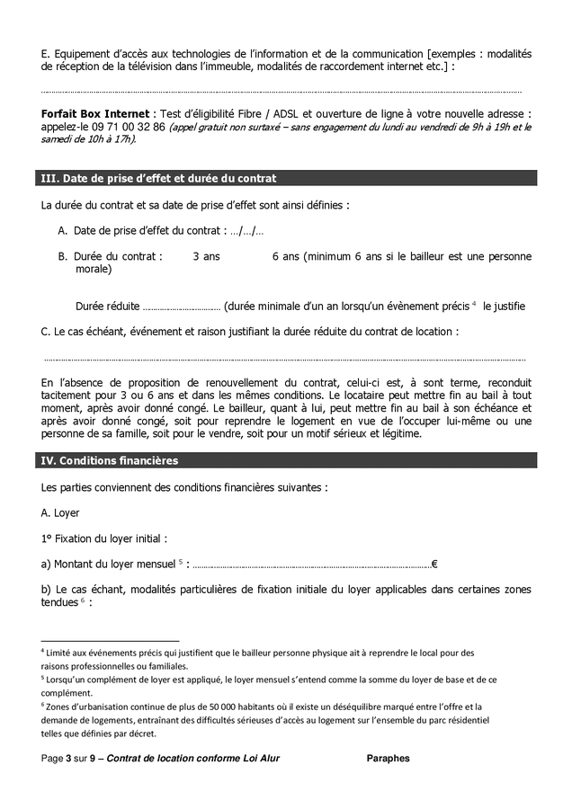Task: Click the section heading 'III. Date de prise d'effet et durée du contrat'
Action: coord(159,178)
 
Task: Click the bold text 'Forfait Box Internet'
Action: coord(95,114)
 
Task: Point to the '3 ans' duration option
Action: coord(206,256)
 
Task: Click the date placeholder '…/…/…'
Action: coord(246,231)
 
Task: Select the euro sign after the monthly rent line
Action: coord(434,565)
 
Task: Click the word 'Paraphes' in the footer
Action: coord(388,759)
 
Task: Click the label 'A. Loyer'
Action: coord(60,513)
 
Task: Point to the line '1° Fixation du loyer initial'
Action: coord(103,538)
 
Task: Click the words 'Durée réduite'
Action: coord(107,306)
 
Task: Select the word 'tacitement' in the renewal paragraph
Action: coord(67,395)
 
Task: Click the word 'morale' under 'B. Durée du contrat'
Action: coord(92,269)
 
